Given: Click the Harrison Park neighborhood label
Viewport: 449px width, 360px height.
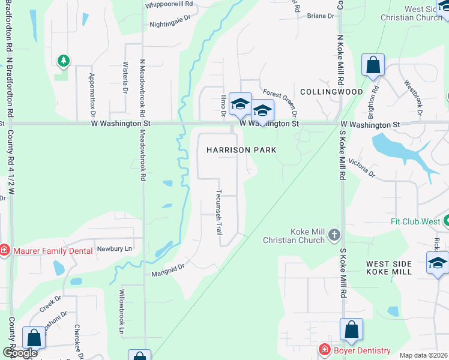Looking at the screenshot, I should (x=241, y=150).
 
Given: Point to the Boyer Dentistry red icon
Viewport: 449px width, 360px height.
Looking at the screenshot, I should (x=325, y=350).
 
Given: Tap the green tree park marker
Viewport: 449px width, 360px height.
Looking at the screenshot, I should (x=63, y=61).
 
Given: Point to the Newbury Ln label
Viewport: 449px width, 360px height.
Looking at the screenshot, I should (x=114, y=248).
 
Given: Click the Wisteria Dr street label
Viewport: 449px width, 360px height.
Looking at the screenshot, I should (x=125, y=78).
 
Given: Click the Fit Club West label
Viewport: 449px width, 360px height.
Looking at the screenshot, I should (x=415, y=221).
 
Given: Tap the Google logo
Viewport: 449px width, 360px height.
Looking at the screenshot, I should (x=20, y=353).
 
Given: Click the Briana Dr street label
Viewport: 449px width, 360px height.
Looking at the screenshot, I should (x=320, y=16).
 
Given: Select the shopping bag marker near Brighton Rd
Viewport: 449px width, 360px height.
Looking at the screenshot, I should (x=373, y=65).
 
